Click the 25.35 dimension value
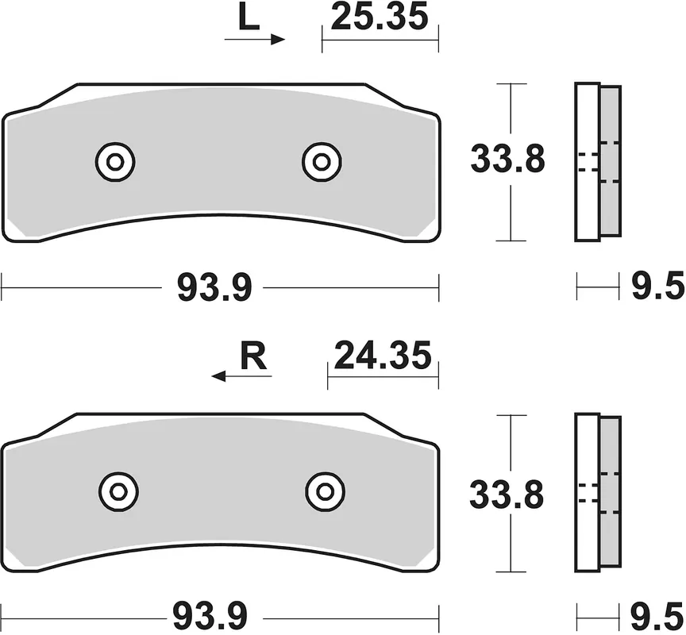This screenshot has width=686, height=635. [380, 17]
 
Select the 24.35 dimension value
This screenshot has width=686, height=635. [383, 355]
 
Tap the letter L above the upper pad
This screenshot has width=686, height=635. [249, 18]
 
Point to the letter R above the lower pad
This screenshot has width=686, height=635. [253, 357]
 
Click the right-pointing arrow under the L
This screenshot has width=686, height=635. [255, 40]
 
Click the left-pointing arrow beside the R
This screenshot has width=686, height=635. [241, 375]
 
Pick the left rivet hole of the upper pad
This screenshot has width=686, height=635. [115, 162]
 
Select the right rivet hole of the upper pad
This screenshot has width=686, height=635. [322, 162]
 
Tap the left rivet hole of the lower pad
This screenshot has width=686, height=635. [118, 492]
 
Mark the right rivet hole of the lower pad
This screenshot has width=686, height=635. [325, 492]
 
